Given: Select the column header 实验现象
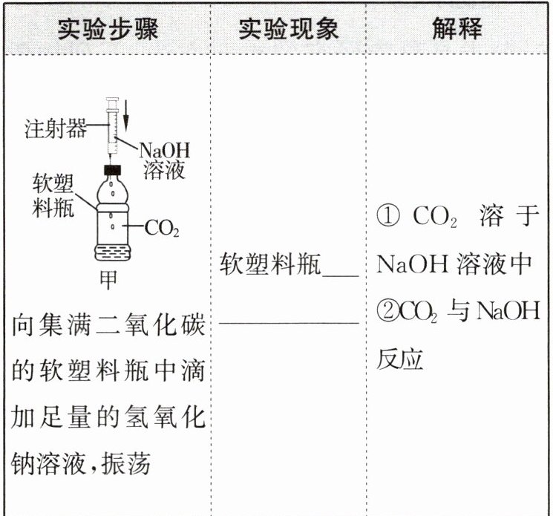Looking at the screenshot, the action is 289,28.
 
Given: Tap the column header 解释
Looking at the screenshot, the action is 457,28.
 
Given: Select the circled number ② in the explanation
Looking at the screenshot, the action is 387,312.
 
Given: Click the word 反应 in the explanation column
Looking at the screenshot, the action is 399,359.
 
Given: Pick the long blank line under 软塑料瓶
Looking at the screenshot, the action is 289,324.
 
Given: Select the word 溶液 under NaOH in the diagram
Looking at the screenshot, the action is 166,172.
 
